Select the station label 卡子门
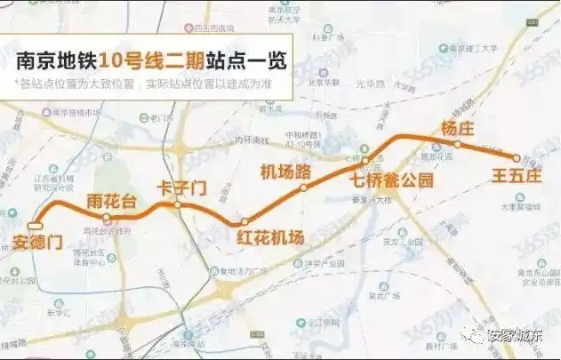click(x=180, y=188)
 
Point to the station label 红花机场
click(x=271, y=236)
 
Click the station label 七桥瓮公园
click(x=391, y=180)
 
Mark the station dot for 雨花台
click(x=107, y=217)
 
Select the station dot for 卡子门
click(x=178, y=205)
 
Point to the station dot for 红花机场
click(x=244, y=221)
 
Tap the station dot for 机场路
click(x=304, y=188)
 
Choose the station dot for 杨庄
click(x=457, y=144)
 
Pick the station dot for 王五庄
click(x=515, y=156)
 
